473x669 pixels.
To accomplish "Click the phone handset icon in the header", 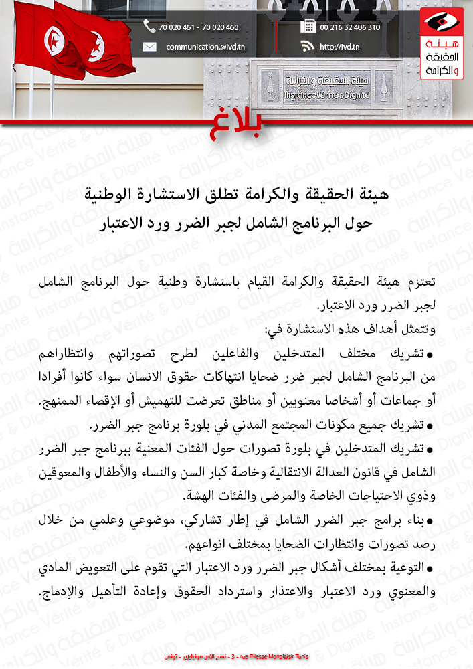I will tap(149, 27).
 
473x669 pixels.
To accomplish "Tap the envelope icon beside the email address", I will tap(149, 47).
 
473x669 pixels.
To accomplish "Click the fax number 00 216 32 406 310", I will tap(350, 27).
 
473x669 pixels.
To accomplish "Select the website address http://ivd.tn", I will tap(340, 47).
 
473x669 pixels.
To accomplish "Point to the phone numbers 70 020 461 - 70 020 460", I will tap(198, 27).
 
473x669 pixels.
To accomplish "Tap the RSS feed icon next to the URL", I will tap(308, 46).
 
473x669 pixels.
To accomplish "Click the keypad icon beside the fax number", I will tap(308, 27).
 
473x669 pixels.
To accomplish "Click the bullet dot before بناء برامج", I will tap(431, 520).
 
